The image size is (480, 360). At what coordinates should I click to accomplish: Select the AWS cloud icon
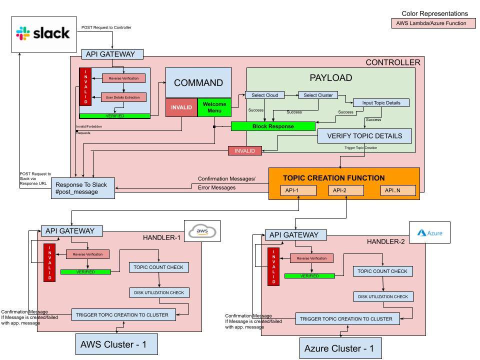pos(202,231)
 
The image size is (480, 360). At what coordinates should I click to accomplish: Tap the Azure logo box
pos(429,232)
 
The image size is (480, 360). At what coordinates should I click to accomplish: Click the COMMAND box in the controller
pos(198,82)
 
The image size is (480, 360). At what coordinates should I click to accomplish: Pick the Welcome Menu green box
pos(214,107)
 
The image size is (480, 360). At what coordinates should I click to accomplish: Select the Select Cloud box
pos(264,95)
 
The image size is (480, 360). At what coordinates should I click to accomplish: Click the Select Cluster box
pos(318,95)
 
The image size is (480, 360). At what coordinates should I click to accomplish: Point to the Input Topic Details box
pos(381,103)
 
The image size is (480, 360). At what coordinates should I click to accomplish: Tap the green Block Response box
pos(273,126)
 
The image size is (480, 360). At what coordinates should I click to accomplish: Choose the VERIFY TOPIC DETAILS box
pos(364,136)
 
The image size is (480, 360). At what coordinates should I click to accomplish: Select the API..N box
pos(396,190)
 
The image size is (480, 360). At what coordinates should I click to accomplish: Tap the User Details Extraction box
pos(124,97)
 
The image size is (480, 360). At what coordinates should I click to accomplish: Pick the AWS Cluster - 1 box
pos(117,344)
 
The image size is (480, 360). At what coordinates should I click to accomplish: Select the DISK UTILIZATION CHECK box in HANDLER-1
pos(159,292)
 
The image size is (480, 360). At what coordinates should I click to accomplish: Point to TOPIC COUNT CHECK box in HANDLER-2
pos(383,271)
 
